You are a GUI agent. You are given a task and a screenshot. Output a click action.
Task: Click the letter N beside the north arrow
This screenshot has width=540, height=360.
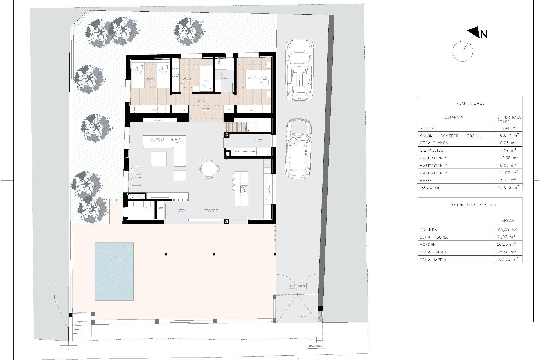point(484,35)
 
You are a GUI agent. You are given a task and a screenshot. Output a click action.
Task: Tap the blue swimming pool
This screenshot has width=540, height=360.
point(114,271)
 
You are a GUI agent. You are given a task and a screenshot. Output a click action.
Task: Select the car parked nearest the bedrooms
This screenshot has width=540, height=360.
point(299,70)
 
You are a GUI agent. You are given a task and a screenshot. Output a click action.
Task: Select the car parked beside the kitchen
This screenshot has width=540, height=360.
point(298,149)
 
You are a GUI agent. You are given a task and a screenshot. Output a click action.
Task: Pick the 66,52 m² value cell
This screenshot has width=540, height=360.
point(508,136)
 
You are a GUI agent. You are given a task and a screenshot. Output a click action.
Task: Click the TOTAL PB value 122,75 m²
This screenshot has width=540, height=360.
point(508,187)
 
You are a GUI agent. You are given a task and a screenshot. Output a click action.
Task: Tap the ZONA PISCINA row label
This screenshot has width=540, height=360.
point(434,237)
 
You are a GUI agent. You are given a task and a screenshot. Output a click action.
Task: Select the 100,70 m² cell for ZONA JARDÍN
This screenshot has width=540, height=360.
point(507,260)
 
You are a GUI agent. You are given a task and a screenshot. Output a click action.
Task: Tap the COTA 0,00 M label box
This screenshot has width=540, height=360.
point(67,349)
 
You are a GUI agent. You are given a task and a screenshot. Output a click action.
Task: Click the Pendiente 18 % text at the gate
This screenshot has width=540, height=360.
point(298,316)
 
